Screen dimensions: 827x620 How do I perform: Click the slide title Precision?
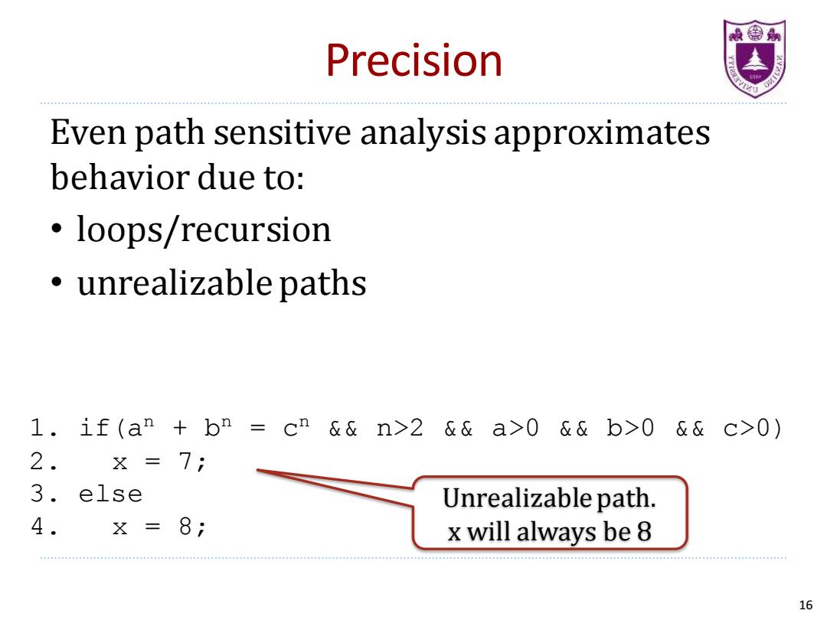pos(414,60)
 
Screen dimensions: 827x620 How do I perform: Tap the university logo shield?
pos(754,58)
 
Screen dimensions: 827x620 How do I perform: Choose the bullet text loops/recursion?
pos(204,230)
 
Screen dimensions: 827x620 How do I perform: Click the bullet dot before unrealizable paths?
pos(57,282)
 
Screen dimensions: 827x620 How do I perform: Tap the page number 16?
pos(806,605)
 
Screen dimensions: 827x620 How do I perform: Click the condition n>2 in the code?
pos(400,428)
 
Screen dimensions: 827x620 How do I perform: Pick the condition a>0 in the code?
pos(515,428)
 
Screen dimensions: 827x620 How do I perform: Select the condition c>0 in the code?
pos(747,428)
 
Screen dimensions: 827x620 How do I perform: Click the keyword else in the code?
pos(110,494)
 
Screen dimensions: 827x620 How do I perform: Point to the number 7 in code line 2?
pos(185,462)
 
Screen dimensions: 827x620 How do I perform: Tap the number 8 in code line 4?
pos(185,526)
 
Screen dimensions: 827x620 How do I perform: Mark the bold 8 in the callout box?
pos(644,531)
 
